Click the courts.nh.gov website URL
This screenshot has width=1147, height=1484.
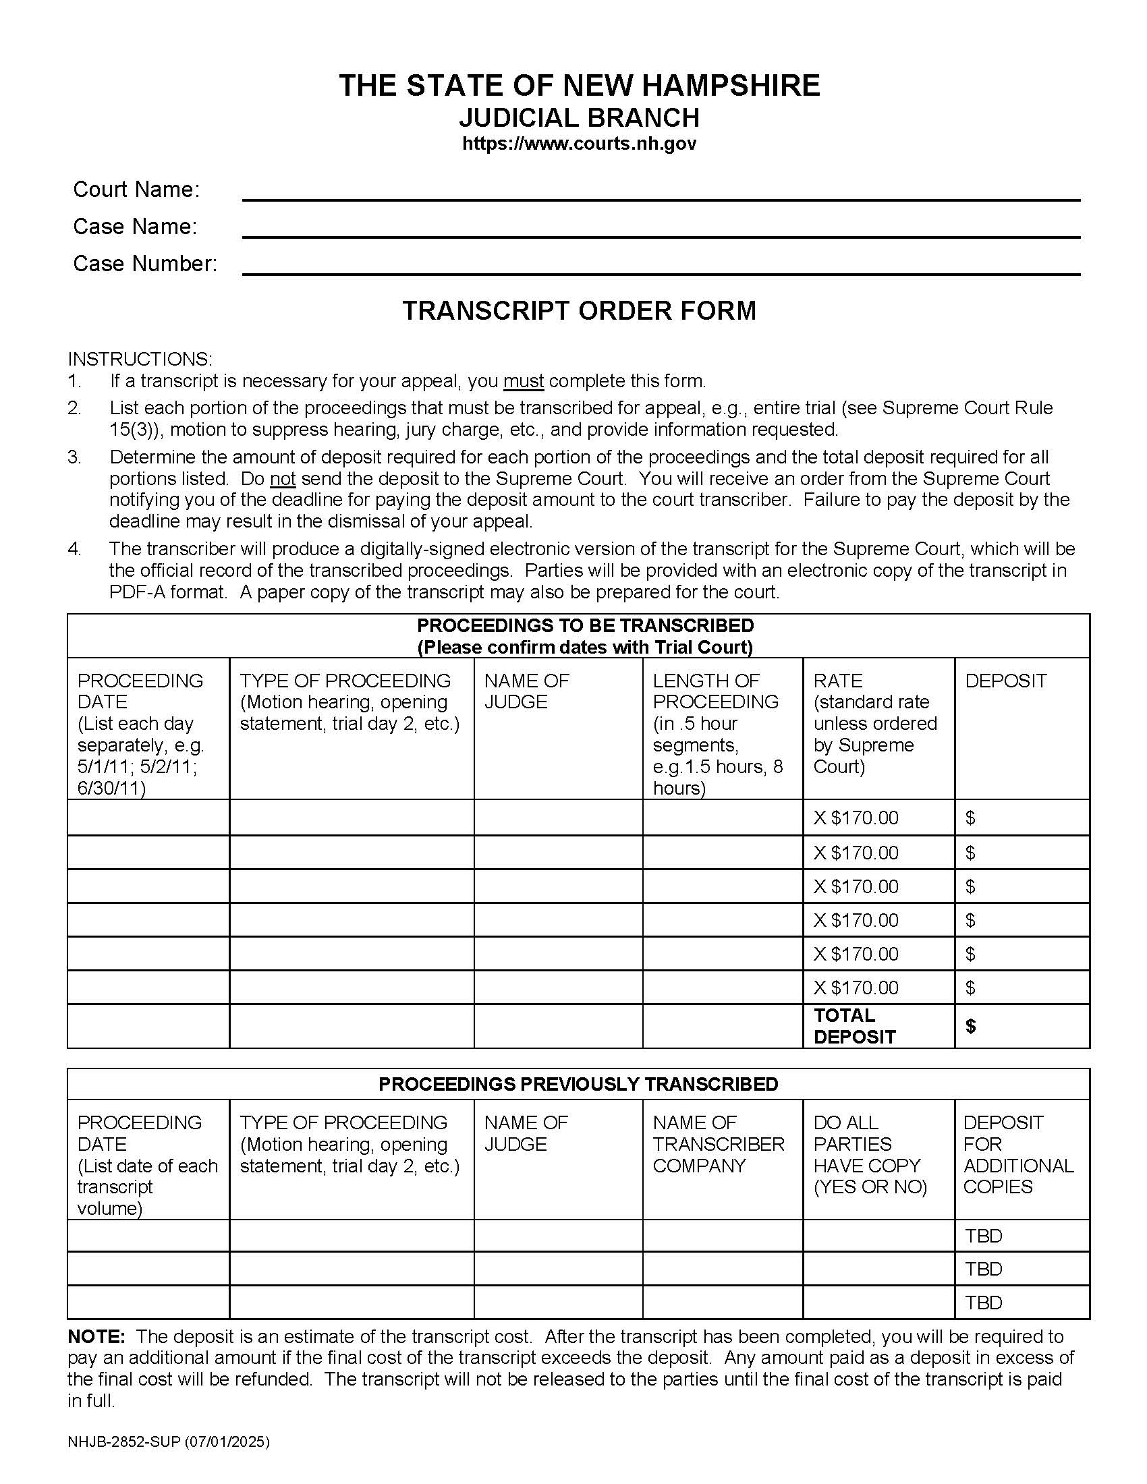[579, 144]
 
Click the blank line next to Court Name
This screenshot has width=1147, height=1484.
[661, 194]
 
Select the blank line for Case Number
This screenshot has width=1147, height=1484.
[661, 268]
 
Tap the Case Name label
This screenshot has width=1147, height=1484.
[134, 226]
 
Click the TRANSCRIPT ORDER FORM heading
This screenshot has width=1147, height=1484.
[579, 310]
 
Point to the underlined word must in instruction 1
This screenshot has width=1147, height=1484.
[523, 381]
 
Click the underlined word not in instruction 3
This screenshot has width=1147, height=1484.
[283, 479]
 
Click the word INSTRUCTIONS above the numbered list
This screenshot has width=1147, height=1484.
[140, 359]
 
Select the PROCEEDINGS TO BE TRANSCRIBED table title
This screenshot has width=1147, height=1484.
[584, 626]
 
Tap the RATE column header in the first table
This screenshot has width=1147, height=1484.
[837, 681]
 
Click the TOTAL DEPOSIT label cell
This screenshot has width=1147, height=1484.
[854, 1025]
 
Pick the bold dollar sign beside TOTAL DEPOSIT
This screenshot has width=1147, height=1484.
[970, 1026]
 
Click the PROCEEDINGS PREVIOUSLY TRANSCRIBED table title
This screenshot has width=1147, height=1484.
[578, 1084]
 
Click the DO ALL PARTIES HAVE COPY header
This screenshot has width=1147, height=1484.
[870, 1154]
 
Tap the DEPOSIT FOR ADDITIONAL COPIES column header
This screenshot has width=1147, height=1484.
[1018, 1154]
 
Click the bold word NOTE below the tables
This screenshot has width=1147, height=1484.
[96, 1337]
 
